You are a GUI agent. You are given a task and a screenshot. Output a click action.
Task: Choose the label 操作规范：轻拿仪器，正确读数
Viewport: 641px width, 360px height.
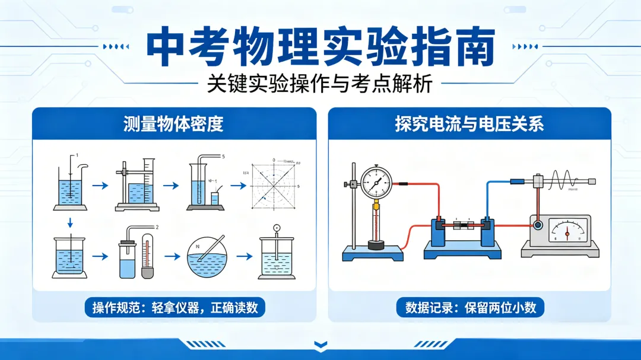174,308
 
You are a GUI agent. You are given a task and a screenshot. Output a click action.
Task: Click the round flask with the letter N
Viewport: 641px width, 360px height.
207,259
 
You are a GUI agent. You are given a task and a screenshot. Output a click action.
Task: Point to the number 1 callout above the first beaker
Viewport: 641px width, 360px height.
76,155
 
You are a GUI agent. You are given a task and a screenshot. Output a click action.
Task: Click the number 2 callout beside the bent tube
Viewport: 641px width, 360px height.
157,227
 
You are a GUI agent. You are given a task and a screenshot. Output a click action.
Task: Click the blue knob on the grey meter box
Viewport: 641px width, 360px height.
538,225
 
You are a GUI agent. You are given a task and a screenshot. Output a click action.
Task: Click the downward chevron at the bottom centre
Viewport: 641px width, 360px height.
320,343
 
